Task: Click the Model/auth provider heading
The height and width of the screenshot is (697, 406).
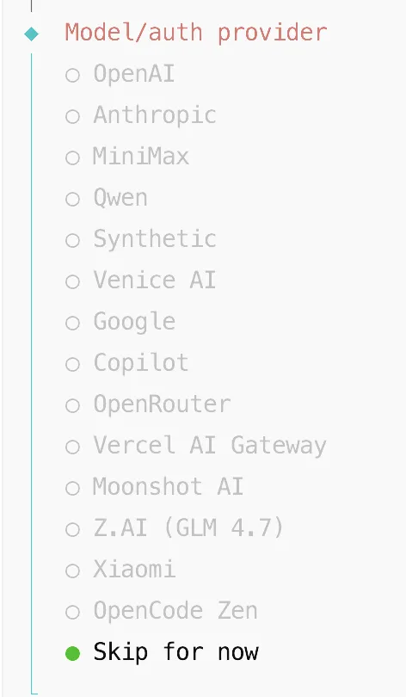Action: pyautogui.click(x=196, y=33)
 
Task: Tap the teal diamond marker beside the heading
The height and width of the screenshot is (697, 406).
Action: pyautogui.click(x=32, y=34)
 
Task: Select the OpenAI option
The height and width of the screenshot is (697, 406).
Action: pyautogui.click(x=133, y=73)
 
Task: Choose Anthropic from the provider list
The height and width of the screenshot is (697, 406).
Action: pyautogui.click(x=155, y=115)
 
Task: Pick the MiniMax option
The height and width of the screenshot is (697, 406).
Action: pyautogui.click(x=141, y=157)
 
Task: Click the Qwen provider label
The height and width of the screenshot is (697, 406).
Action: pyautogui.click(x=120, y=198)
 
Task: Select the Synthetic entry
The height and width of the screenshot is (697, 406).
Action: pyautogui.click(x=155, y=239)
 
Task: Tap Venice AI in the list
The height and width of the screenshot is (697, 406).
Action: pyautogui.click(x=155, y=281)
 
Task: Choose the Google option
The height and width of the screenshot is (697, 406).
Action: pyautogui.click(x=134, y=322)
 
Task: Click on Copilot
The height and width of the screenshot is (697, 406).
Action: pyautogui.click(x=141, y=363)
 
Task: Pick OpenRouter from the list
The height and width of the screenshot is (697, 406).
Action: pyautogui.click(x=162, y=404)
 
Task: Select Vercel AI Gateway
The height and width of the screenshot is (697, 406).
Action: pyautogui.click(x=210, y=446)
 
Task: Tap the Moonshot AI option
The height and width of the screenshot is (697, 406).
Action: pyautogui.click(x=168, y=487)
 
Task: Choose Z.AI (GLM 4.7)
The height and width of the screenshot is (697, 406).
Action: pyautogui.click(x=188, y=528)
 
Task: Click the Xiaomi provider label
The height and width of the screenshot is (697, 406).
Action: pyautogui.click(x=134, y=570)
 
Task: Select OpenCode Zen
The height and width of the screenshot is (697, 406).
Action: pyautogui.click(x=175, y=611)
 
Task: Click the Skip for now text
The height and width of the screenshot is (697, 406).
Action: pyautogui.click(x=175, y=652)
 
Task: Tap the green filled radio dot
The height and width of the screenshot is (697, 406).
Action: pyautogui.click(x=72, y=653)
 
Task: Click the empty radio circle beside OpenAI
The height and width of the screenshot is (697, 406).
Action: pyautogui.click(x=72, y=75)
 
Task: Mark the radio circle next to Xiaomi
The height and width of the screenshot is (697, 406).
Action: pyautogui.click(x=72, y=571)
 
